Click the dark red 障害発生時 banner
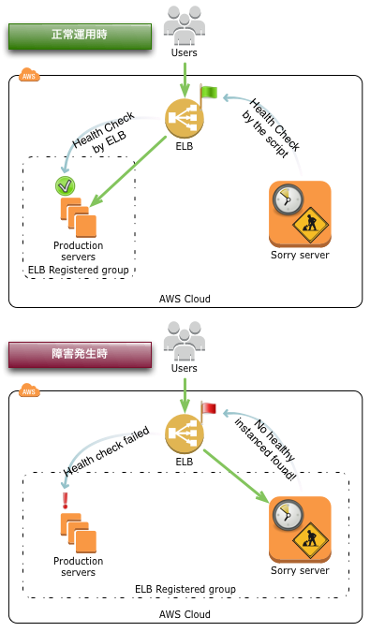[x=79, y=355]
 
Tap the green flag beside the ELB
[x=207, y=93]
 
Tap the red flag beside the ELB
[x=207, y=409]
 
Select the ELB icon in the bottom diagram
[x=184, y=433]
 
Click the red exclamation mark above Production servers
[x=65, y=501]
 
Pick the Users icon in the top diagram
[x=184, y=22]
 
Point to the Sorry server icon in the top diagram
[x=300, y=213]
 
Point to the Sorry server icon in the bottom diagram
[x=300, y=529]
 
